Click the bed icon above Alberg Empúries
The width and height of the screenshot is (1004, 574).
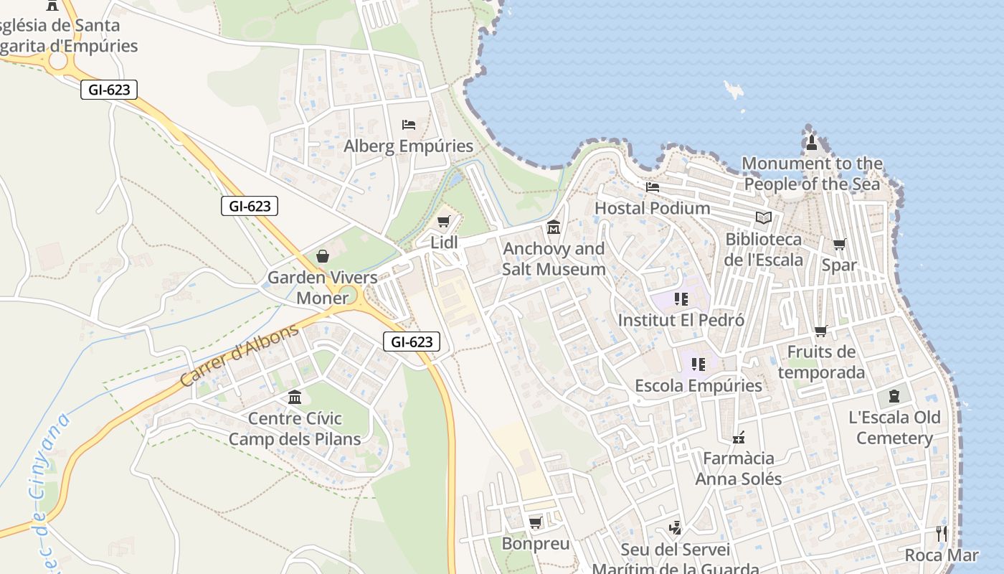(409, 125)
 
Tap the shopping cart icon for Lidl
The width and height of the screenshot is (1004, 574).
(444, 222)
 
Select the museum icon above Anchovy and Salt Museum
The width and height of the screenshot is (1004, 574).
(554, 227)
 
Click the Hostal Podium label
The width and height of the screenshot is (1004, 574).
(652, 208)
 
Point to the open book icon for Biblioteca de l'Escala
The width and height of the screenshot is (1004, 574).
(764, 217)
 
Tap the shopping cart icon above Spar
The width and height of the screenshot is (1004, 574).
(839, 244)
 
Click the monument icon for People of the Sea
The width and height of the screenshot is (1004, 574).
(812, 142)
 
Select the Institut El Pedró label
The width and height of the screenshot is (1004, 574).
(681, 320)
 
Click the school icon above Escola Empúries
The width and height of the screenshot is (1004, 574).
(698, 364)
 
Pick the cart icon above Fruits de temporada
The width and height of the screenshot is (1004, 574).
(820, 331)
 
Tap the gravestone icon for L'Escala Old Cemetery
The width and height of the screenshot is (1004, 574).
(894, 396)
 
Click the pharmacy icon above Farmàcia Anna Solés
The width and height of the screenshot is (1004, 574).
(739, 437)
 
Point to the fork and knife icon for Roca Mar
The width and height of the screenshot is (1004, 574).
(941, 534)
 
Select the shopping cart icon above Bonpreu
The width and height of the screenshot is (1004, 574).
(535, 522)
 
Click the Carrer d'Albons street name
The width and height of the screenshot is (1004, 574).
(239, 356)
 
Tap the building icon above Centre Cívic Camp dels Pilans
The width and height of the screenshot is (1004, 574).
(295, 397)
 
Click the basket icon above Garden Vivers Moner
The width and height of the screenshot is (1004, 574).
(323, 256)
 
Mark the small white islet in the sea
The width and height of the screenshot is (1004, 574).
(734, 90)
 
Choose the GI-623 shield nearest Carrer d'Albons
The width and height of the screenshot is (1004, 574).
(412, 342)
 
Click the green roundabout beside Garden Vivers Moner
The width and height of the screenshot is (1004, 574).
(347, 296)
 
